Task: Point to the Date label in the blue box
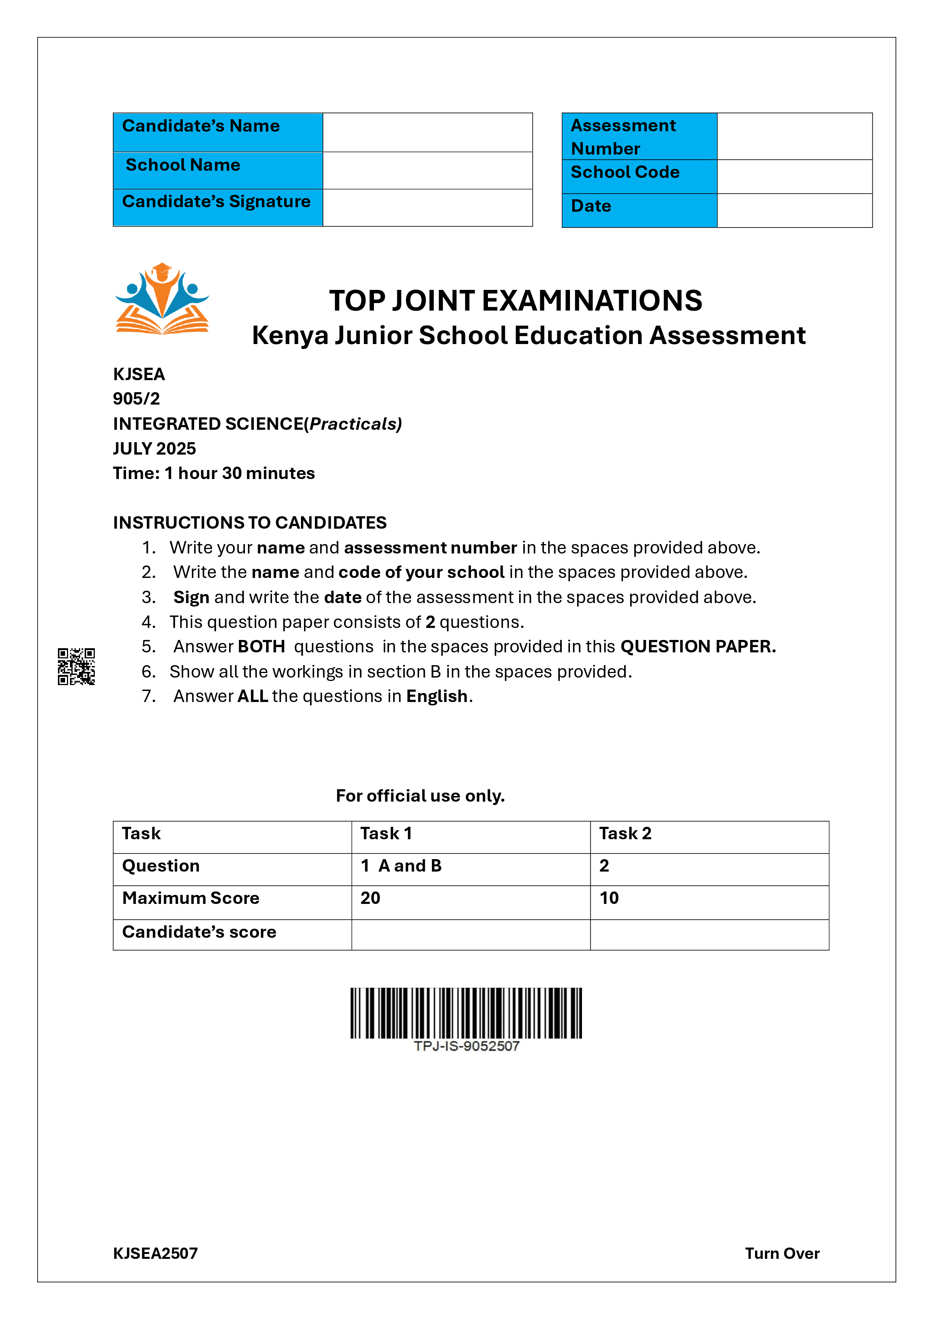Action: [591, 206]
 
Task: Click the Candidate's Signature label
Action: [216, 202]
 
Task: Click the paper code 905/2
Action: [136, 399]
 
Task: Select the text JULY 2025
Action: [154, 448]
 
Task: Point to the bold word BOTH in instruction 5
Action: [261, 646]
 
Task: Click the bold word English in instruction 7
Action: [437, 696]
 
